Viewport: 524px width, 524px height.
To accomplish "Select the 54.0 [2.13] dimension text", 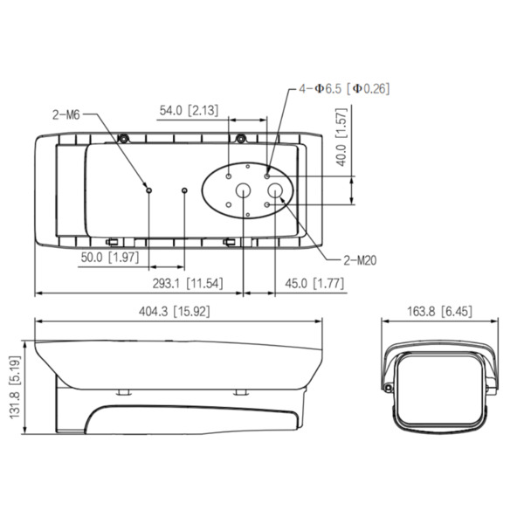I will [x=189, y=110].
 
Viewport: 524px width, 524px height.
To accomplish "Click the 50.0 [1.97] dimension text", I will [x=110, y=257].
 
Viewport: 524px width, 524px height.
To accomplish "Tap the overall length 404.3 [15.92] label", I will [x=176, y=311].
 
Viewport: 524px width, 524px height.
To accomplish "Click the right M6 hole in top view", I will [x=184, y=190].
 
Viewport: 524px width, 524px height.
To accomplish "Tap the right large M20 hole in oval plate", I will [x=274, y=190].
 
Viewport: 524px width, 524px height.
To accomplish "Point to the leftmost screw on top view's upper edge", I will [x=124, y=139].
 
